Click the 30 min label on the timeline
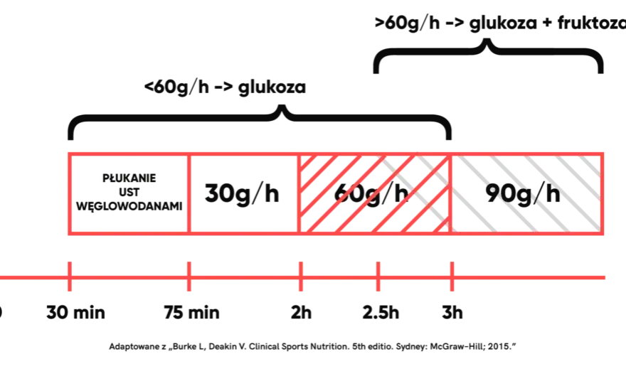[x=75, y=312]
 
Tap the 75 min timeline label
[x=191, y=312]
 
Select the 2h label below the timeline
[x=301, y=312]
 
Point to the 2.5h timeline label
[x=381, y=312]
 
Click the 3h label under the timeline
[x=452, y=312]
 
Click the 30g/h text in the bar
[x=242, y=194]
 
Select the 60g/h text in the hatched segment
[x=371, y=194]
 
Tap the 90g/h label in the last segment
[x=523, y=194]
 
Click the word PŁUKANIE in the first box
[x=129, y=178]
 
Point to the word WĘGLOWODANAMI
[x=129, y=206]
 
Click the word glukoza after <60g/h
[x=272, y=87]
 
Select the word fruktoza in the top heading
[x=592, y=23]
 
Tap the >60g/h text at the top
[x=407, y=23]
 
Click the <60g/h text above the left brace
[x=176, y=87]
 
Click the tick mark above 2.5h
[x=378, y=276]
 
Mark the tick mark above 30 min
[x=70, y=276]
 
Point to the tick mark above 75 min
[x=189, y=276]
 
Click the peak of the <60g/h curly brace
[x=282, y=106]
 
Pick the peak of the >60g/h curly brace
[x=487, y=40]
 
